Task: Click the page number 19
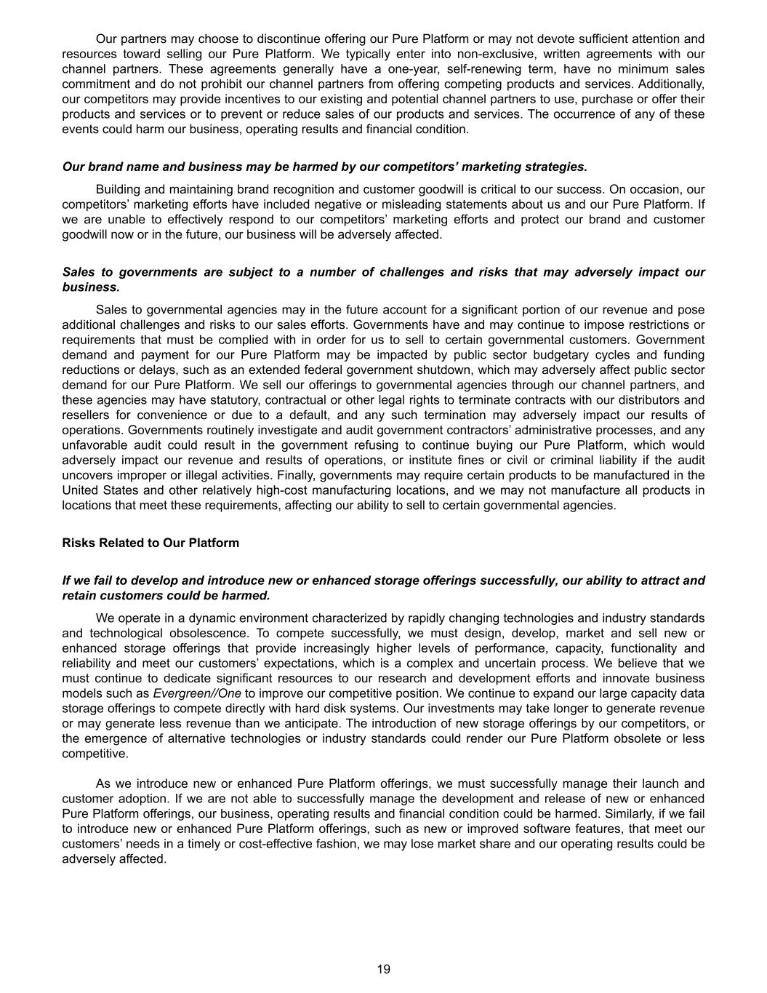pyautogui.click(x=384, y=969)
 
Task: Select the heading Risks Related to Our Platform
pyautogui.click(x=150, y=543)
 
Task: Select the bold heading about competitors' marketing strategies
pyautogui.click(x=324, y=167)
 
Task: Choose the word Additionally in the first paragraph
pyautogui.click(x=671, y=84)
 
